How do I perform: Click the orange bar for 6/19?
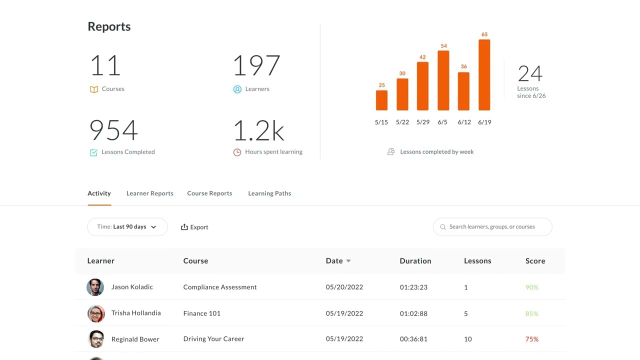tap(484, 75)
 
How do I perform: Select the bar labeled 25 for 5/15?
tap(381, 100)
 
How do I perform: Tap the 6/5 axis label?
tap(442, 122)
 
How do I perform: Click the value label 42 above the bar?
tap(422, 57)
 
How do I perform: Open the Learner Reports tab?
tap(149, 193)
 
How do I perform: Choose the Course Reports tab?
tap(209, 193)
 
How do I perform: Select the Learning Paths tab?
tap(269, 193)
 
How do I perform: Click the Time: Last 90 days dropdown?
tap(127, 227)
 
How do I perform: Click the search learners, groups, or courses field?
tap(492, 227)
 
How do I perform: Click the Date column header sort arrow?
tap(348, 261)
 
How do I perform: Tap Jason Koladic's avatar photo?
tap(95, 287)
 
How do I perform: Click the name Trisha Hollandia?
tap(136, 313)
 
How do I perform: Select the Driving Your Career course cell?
tap(213, 339)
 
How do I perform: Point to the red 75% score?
tap(531, 339)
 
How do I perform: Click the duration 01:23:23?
tap(413, 287)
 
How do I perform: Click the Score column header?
tap(535, 261)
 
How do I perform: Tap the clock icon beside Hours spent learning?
tap(237, 152)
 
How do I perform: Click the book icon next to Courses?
tap(94, 89)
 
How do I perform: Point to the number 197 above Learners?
tap(256, 65)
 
